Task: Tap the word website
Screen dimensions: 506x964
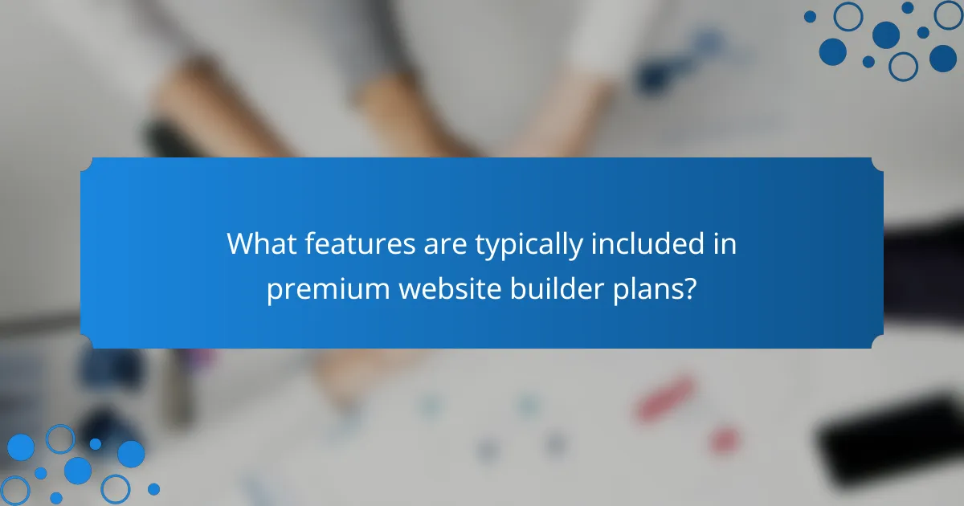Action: click(450, 288)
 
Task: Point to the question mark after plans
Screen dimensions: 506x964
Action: click(689, 288)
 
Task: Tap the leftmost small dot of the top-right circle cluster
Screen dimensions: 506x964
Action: click(810, 16)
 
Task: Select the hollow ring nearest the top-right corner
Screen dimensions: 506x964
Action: click(949, 14)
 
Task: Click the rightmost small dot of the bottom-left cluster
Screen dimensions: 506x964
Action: click(153, 488)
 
